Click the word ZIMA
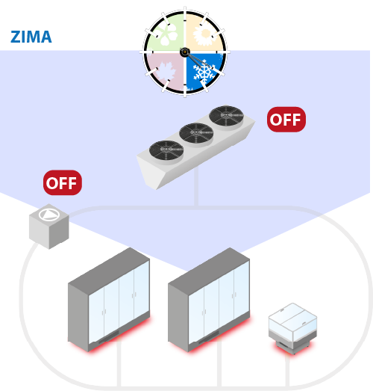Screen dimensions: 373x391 (x=31, y=37)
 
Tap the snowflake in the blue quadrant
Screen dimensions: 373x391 (x=204, y=72)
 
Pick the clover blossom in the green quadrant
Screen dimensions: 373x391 (x=166, y=34)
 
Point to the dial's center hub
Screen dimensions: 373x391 (x=185, y=52)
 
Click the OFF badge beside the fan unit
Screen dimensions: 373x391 (x=286, y=120)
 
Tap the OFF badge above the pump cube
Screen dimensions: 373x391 (x=63, y=182)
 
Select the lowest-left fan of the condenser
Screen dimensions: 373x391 (x=166, y=150)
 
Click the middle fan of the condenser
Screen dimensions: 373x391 (x=196, y=133)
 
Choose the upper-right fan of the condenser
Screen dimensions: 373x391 (x=226, y=116)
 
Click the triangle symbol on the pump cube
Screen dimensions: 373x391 (x=49, y=215)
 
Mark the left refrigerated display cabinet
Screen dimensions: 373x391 (x=109, y=300)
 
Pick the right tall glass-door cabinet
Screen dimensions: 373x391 (x=209, y=300)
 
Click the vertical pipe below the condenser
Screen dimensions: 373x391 (x=196, y=187)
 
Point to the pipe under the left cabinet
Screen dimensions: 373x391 (x=119, y=363)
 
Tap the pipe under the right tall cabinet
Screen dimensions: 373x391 (x=219, y=363)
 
